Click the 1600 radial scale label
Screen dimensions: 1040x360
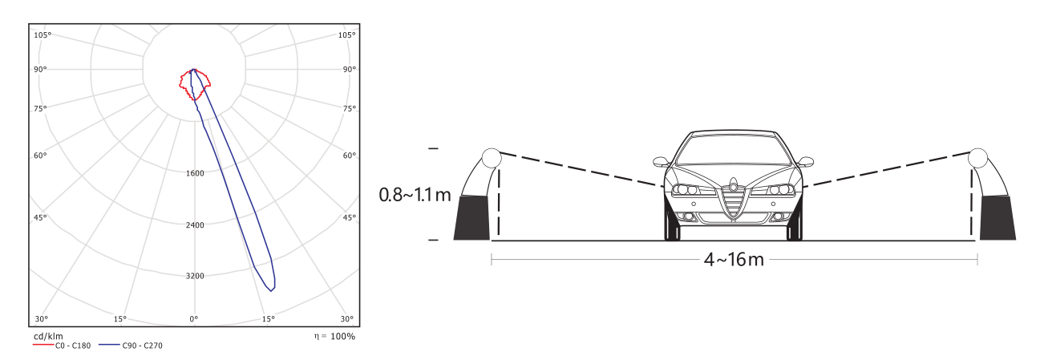click(x=195, y=173)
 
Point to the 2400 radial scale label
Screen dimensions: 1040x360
click(x=195, y=225)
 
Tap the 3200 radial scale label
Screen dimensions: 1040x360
click(x=195, y=276)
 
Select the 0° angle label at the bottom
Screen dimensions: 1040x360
click(x=193, y=318)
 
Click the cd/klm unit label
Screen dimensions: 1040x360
click(x=48, y=336)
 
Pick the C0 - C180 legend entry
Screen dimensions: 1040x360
click(x=62, y=346)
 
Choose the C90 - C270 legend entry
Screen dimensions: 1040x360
click(x=131, y=346)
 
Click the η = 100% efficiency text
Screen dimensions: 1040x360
click(x=334, y=336)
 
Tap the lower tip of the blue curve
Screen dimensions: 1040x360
click(x=271, y=291)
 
